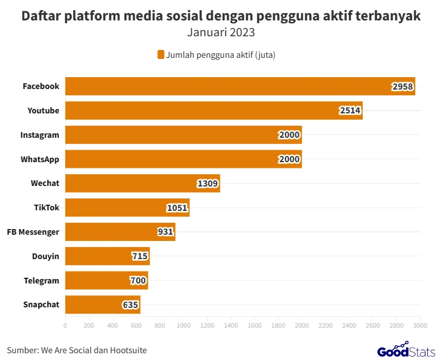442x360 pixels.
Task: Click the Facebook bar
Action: [240, 86]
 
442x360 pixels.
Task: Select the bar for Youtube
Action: [214, 111]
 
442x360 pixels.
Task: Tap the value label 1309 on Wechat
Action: [208, 184]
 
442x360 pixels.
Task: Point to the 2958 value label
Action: [403, 87]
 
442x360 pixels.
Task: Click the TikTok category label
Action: [46, 207]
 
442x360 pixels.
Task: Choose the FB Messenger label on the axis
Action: [33, 232]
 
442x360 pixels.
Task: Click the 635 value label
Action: [130, 305]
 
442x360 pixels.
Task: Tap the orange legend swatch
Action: [160, 54]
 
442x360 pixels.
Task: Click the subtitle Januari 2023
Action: [221, 32]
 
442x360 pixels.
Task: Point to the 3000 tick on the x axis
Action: [420, 325]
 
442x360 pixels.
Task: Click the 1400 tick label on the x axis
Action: [231, 325]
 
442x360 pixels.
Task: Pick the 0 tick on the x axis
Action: [65, 325]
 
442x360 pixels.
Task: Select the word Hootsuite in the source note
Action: [129, 350]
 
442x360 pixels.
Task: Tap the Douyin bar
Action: [108, 256]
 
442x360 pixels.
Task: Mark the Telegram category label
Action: [41, 281]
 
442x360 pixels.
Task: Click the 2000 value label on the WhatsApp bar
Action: [290, 159]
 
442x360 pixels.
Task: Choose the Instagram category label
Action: [40, 135]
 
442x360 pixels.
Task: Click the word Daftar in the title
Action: [41, 16]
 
